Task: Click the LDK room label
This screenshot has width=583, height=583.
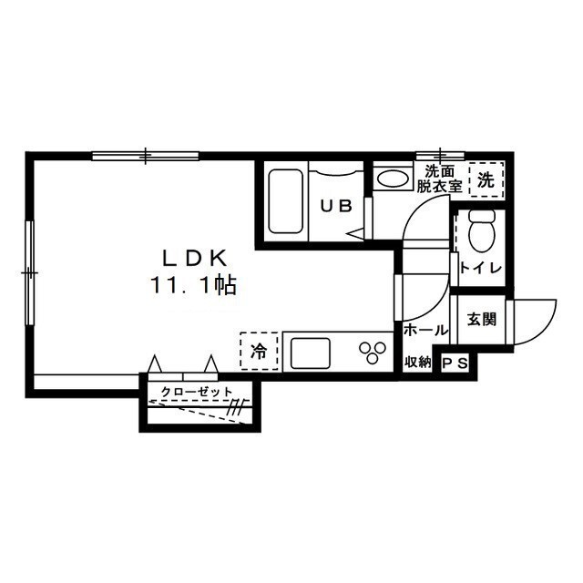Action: pyautogui.click(x=195, y=258)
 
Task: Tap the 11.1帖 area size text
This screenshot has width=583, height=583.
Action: pyautogui.click(x=193, y=285)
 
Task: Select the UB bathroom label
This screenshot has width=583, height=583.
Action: pyautogui.click(x=336, y=206)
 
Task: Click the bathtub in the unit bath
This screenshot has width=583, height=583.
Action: pyautogui.click(x=285, y=201)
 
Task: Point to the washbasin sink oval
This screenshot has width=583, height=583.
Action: pyautogui.click(x=393, y=179)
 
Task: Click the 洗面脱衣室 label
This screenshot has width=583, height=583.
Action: pyautogui.click(x=439, y=179)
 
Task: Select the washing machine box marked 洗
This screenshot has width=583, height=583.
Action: pyautogui.click(x=486, y=179)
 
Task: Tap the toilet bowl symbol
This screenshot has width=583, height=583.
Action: pyautogui.click(x=482, y=230)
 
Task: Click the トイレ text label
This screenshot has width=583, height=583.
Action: pyautogui.click(x=482, y=268)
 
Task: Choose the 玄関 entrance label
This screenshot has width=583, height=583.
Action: pyautogui.click(x=482, y=320)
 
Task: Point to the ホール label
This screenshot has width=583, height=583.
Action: pyautogui.click(x=426, y=330)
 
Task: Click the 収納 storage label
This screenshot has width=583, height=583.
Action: pyautogui.click(x=417, y=362)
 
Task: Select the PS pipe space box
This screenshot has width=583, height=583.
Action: pyautogui.click(x=455, y=363)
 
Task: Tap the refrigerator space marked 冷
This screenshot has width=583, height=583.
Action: pyautogui.click(x=259, y=351)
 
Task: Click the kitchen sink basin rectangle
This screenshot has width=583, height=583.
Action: pyautogui.click(x=310, y=353)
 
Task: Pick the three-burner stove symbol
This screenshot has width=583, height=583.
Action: pyautogui.click(x=373, y=353)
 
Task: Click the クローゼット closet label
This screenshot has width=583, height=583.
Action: pyautogui.click(x=197, y=391)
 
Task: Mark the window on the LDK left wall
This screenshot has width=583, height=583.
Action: pyautogui.click(x=30, y=273)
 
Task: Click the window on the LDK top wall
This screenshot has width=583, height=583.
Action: pyautogui.click(x=146, y=156)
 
